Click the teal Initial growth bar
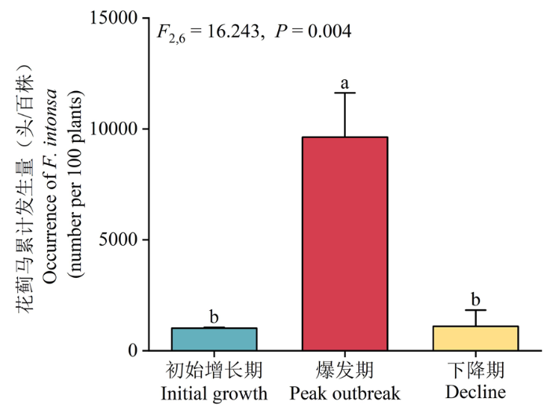(x=214, y=339)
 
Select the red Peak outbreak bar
(x=345, y=243)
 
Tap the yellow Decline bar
(x=475, y=338)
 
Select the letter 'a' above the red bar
(x=344, y=82)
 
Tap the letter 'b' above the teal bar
(x=214, y=316)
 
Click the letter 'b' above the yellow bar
(x=475, y=299)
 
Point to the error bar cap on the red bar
(x=345, y=93)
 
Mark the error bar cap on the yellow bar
(x=475, y=310)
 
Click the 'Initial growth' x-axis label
(x=214, y=392)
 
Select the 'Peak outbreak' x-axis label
(x=345, y=392)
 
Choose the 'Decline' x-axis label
(x=475, y=392)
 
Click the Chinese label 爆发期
(x=345, y=370)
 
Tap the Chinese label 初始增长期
(x=214, y=370)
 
